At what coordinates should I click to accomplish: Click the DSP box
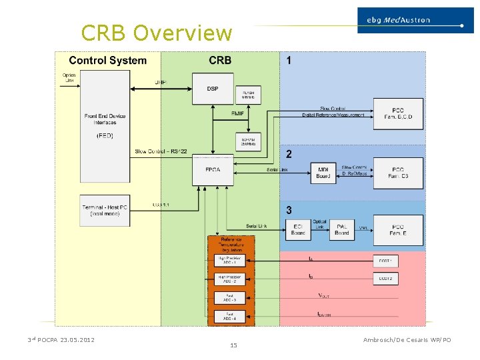[213, 89]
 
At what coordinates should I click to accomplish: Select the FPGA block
[213, 170]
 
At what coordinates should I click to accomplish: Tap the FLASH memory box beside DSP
[248, 95]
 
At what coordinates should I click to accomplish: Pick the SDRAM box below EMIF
[248, 141]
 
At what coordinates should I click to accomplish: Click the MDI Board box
[323, 173]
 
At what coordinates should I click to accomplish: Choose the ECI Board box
[298, 229]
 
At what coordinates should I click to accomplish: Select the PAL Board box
[341, 229]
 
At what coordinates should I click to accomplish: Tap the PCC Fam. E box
[398, 229]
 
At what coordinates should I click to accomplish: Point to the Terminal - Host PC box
[105, 209]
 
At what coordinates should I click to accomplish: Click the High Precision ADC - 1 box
[229, 260]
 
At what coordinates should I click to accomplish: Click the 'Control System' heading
[107, 61]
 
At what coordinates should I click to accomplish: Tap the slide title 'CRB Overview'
[156, 33]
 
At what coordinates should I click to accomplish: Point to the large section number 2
[289, 154]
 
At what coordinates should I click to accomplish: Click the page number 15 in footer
[233, 345]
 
